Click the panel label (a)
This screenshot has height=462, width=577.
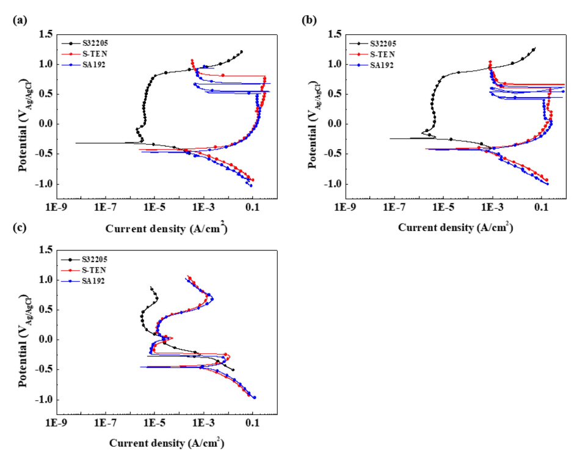(x=19, y=20)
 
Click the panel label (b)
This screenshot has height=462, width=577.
(x=310, y=20)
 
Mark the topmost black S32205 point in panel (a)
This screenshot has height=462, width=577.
(x=241, y=52)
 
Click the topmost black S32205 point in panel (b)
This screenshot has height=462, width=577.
(x=534, y=50)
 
